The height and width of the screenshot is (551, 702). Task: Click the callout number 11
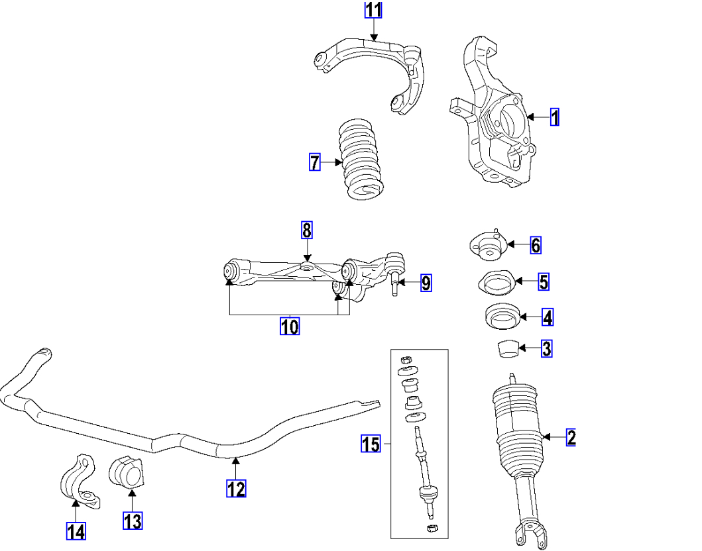click(x=374, y=11)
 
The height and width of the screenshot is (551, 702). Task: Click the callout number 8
click(x=306, y=230)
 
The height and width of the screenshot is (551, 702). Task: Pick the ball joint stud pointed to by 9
click(x=394, y=284)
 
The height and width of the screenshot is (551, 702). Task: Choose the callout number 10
click(x=289, y=326)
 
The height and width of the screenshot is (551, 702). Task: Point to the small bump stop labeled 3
click(x=507, y=348)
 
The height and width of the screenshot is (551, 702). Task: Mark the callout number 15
click(x=371, y=444)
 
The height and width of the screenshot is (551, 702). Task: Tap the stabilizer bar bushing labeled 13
click(x=126, y=474)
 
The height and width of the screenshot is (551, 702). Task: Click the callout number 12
click(x=236, y=489)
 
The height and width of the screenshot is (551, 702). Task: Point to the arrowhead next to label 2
click(x=546, y=437)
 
